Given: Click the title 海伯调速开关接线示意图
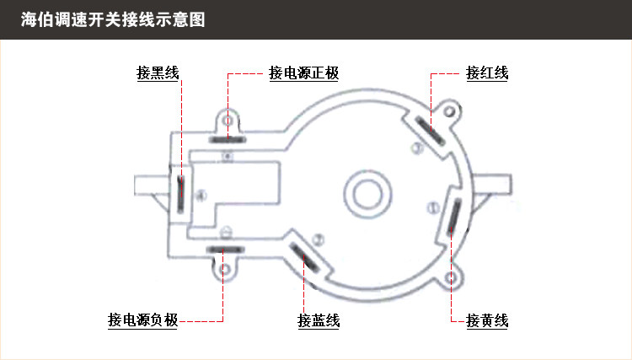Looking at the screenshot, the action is [113, 19].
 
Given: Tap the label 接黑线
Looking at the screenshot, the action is [158, 73].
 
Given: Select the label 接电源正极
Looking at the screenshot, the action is [304, 73].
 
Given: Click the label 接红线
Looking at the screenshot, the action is [487, 73].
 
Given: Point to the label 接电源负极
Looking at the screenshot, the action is [142, 320].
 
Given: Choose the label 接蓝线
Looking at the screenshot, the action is [319, 320].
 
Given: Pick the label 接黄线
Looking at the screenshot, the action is [487, 320].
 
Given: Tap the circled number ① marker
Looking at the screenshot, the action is [433, 206].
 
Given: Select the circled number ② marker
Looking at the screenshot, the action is [319, 239].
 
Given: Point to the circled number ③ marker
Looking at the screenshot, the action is [416, 149].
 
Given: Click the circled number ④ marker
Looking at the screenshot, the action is [200, 196].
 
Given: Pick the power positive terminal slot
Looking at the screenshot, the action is [228, 139].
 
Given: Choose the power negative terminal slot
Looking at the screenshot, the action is [225, 250].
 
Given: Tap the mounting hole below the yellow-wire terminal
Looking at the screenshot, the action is [455, 277].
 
